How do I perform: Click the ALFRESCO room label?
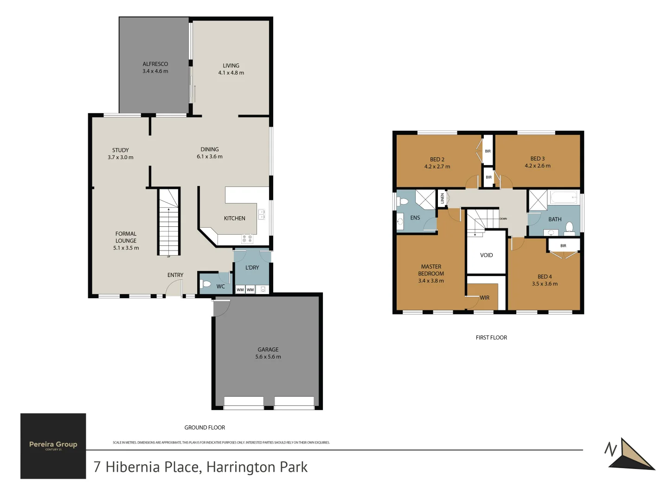click(x=155, y=64)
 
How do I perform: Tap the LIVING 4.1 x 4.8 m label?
click(x=231, y=69)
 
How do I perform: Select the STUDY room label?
click(x=120, y=150)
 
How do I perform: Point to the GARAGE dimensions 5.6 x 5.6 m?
click(x=268, y=357)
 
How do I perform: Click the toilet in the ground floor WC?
click(x=206, y=284)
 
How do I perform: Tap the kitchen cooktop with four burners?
click(x=247, y=239)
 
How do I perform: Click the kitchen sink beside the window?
click(x=262, y=214)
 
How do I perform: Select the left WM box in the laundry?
click(x=240, y=289)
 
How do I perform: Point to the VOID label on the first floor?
click(x=486, y=255)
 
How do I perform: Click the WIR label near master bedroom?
click(x=484, y=298)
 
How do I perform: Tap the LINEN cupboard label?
click(x=442, y=199)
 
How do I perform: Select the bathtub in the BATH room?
click(x=564, y=197)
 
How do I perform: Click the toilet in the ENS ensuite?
click(x=402, y=201)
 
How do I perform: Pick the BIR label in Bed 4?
click(x=563, y=246)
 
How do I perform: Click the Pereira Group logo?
click(x=53, y=446)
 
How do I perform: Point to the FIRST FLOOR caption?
click(x=491, y=338)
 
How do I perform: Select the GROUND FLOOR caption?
click(x=205, y=428)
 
